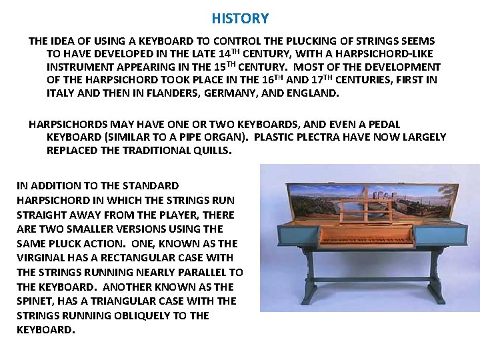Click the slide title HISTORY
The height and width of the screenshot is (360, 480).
coord(240,19)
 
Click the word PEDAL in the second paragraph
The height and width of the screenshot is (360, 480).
coord(385,125)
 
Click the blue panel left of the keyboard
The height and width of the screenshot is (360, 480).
coord(297,235)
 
